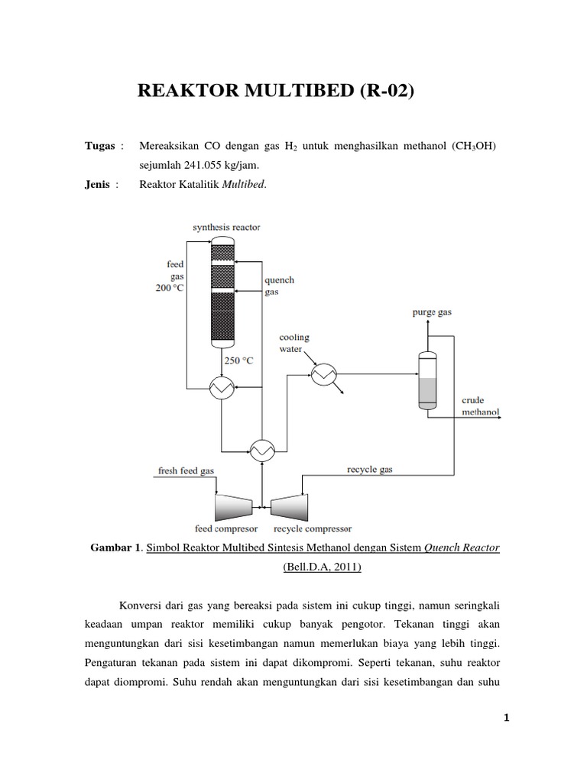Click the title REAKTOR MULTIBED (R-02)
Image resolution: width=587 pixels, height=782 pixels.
(275, 92)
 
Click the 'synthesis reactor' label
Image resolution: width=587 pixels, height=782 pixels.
(227, 227)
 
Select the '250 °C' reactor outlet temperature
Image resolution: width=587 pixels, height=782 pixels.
(238, 360)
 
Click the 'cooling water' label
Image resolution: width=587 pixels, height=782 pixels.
(294, 343)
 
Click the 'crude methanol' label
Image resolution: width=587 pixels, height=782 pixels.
(480, 406)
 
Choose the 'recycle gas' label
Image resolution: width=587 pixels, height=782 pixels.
(370, 470)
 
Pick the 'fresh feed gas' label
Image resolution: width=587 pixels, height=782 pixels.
(186, 470)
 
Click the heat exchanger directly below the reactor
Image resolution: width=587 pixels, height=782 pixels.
(222, 389)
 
